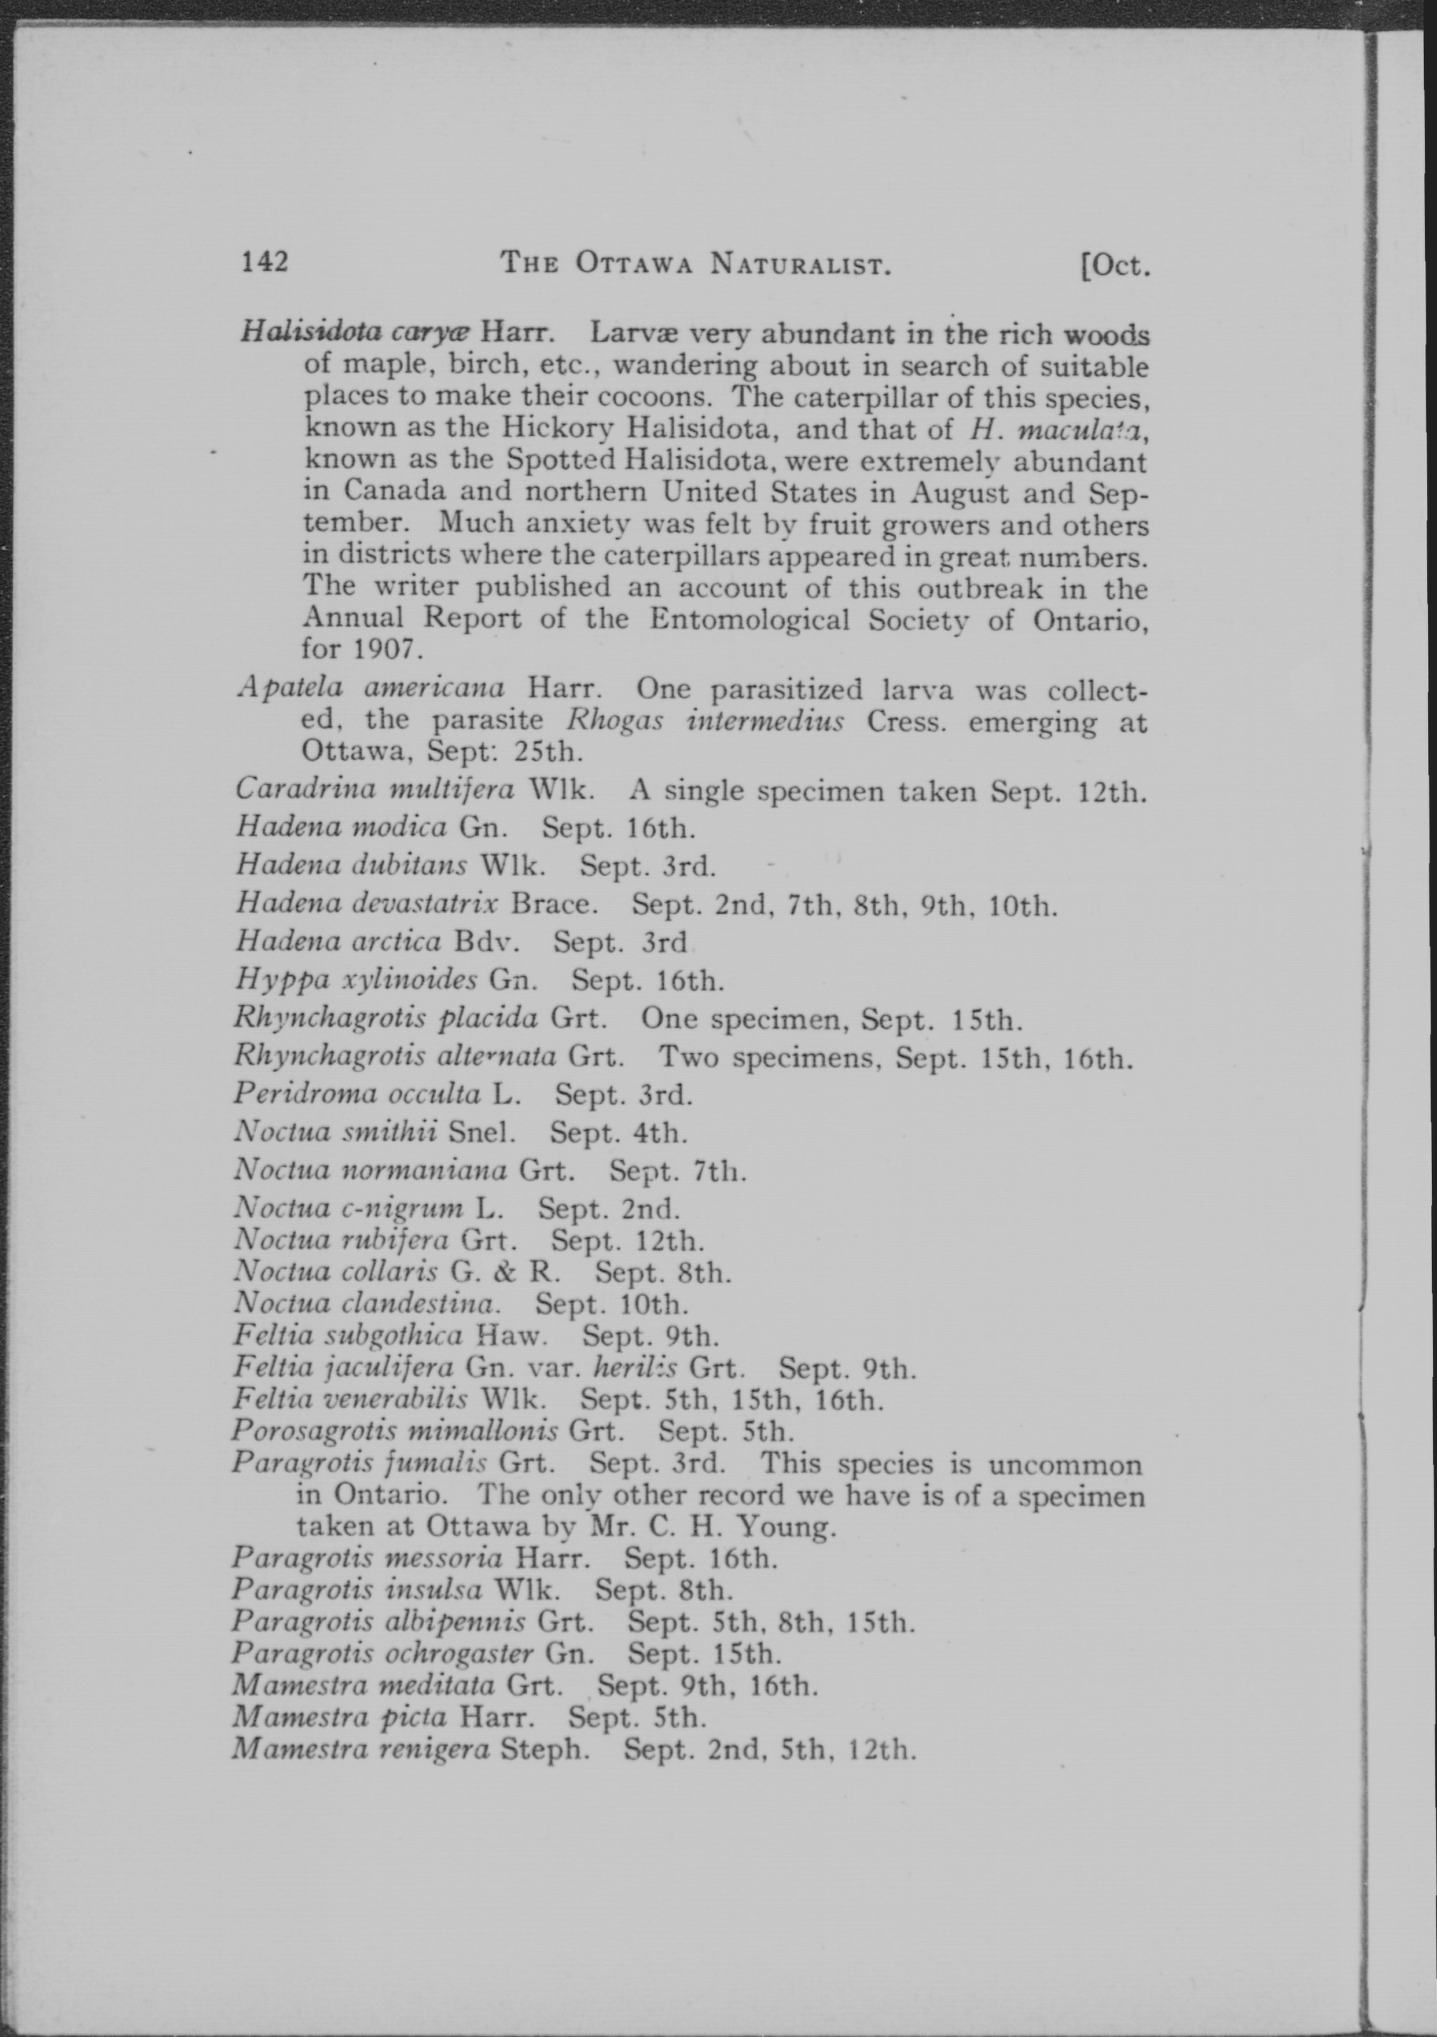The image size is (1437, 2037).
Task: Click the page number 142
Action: pyautogui.click(x=265, y=262)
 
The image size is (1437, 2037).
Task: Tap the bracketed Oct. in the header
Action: pyautogui.click(x=1115, y=265)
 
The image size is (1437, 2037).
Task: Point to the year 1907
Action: pyautogui.click(x=383, y=649)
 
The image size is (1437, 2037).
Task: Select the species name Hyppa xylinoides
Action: pyautogui.click(x=357, y=980)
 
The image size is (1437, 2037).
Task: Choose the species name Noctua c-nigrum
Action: pyautogui.click(x=348, y=1208)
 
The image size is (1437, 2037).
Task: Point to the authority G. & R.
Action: pyautogui.click(x=505, y=1271)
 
